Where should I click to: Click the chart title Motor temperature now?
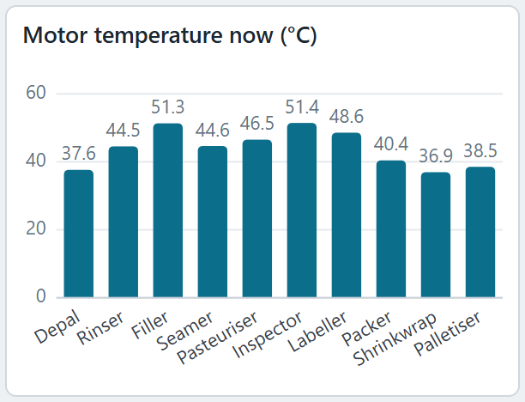169,35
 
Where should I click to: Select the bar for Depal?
79,234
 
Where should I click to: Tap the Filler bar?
168,210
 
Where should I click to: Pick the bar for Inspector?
302,210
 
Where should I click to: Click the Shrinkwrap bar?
436,234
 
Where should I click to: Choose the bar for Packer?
391,228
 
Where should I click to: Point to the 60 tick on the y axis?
36,93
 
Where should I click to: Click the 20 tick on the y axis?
36,228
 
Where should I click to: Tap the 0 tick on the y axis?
41,296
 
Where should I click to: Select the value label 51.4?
302,107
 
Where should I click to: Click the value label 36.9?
436,156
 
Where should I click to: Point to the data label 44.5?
123,131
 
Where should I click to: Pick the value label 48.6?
347,117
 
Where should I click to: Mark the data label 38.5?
480,151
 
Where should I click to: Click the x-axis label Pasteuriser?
217,338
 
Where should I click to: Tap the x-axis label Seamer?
184,331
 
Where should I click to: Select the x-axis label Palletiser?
447,333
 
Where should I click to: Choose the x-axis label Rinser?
100,327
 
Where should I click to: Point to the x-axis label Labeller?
317,332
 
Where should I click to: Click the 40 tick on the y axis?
36,161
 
